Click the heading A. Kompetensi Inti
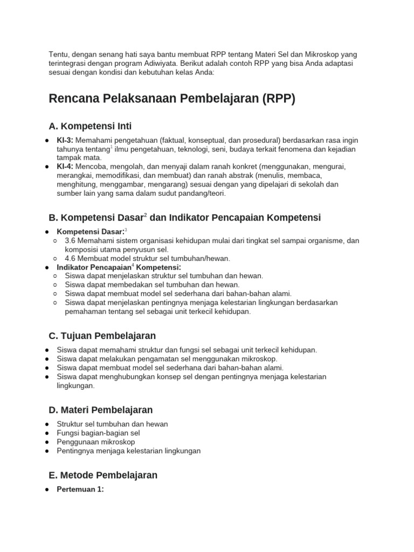coord(90,127)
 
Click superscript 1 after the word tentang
coord(112,147)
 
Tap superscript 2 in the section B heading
coord(145,215)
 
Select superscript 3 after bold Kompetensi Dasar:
coord(126,230)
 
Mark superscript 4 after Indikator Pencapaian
coord(133,265)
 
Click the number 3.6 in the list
coord(70,240)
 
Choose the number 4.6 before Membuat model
coord(70,258)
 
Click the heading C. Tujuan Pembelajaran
coord(102,336)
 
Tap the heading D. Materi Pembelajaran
coord(101,410)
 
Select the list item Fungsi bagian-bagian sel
coord(98,433)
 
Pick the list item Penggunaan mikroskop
coord(96,441)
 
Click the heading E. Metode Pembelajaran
coord(103,475)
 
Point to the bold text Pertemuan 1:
coord(80,489)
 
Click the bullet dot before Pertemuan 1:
coord(47,489)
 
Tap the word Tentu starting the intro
coord(58,54)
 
